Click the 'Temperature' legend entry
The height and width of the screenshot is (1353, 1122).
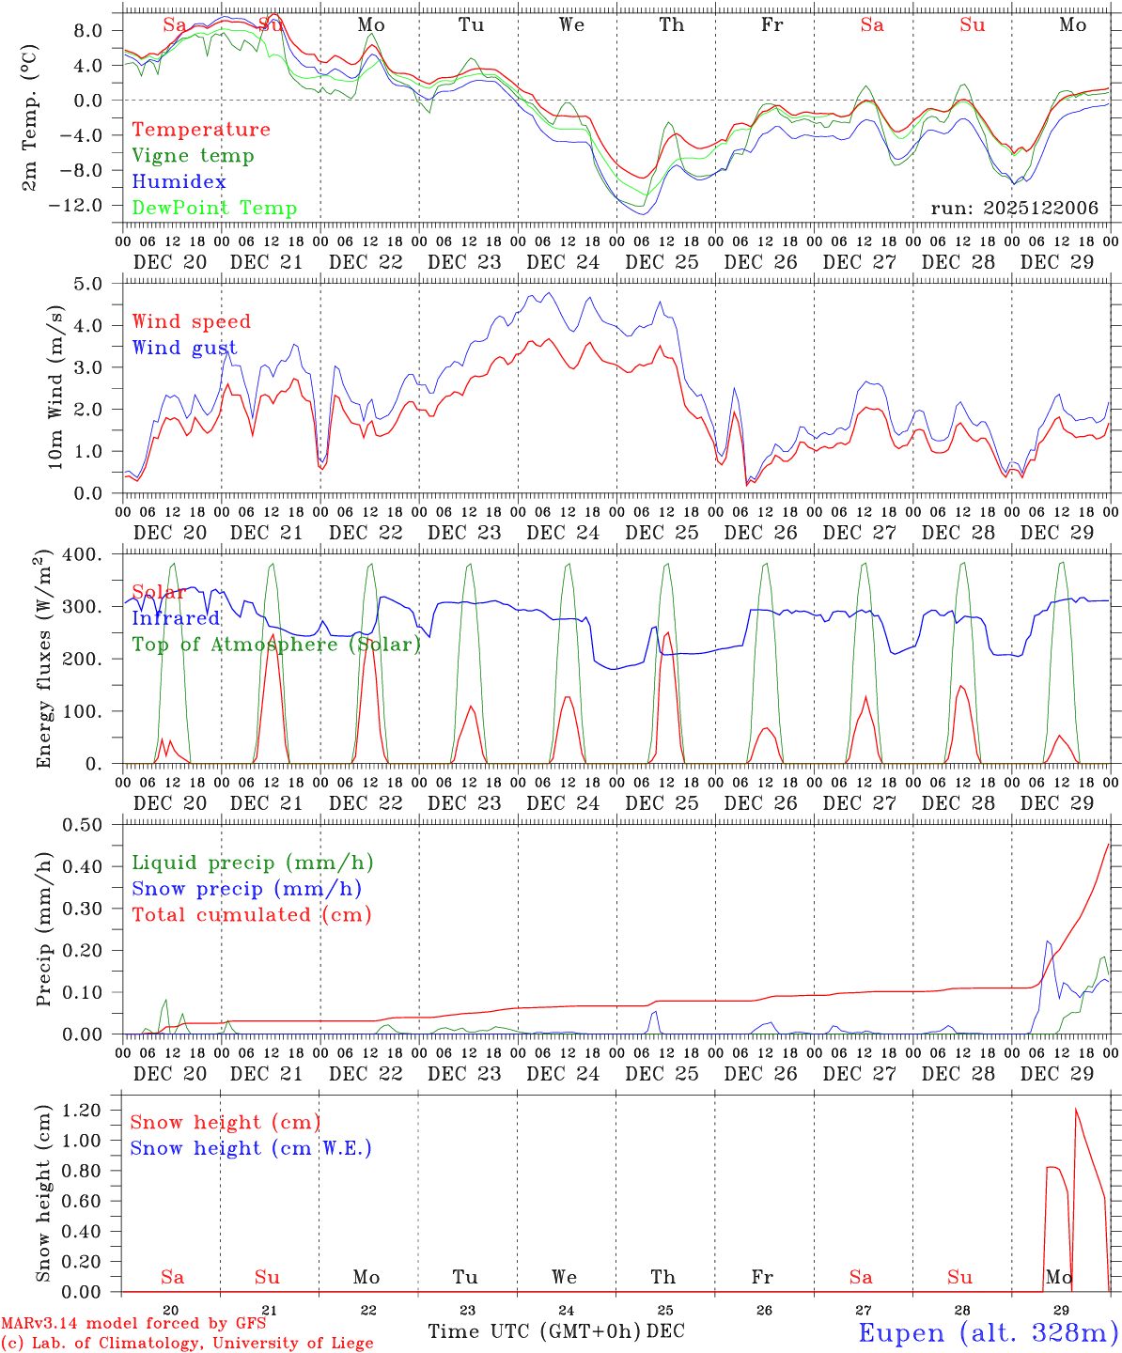200,130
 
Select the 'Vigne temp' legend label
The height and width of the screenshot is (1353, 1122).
193,156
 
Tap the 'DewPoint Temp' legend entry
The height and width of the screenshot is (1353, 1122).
214,209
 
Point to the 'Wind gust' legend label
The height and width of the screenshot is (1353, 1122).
184,348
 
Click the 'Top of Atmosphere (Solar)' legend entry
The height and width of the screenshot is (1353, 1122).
275,645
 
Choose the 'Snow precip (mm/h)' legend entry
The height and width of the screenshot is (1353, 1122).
246,889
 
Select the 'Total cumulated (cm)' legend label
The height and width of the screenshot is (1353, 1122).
251,915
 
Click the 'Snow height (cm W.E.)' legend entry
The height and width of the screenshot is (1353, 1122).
250,1148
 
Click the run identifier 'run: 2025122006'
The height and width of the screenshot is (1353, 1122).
1014,209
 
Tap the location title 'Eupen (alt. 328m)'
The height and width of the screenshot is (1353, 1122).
988,1332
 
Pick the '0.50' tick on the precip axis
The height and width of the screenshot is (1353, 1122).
83,825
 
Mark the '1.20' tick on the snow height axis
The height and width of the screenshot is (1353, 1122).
83,1110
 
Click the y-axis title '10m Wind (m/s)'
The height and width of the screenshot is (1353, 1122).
55,387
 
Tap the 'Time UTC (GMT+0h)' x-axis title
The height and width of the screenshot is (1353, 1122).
535,1331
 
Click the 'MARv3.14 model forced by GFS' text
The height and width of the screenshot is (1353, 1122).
133,1324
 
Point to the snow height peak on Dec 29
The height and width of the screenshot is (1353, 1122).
1075,1110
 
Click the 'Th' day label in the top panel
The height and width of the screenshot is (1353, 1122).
671,25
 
